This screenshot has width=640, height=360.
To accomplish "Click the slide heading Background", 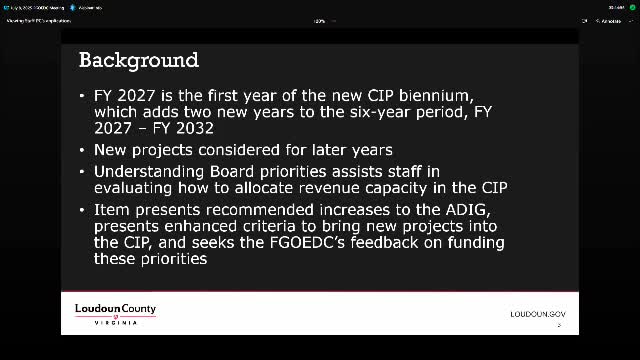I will pyautogui.click(x=139, y=60).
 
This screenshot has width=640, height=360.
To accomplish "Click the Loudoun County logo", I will pyautogui.click(x=115, y=313).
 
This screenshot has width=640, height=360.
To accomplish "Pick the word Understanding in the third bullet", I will pyautogui.click(x=152, y=172).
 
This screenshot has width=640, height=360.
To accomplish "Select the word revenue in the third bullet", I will pyautogui.click(x=320, y=189).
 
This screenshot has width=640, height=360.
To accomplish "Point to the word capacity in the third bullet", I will pyautogui.click(x=392, y=189).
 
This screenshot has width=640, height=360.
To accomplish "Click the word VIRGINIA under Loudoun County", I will pyautogui.click(x=115, y=322).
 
